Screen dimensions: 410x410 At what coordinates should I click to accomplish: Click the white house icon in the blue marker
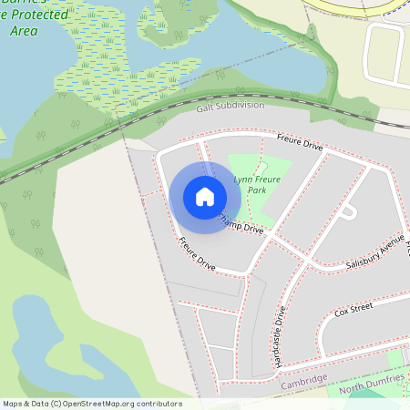[205, 197]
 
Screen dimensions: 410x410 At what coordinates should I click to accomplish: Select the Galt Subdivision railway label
[230, 106]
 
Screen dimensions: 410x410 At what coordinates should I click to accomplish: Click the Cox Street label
[354, 312]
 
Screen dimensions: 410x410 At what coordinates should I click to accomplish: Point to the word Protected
[36, 15]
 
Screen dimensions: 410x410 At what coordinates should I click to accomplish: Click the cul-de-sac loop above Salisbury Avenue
[347, 211]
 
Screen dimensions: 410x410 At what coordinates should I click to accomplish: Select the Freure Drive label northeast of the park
[300, 143]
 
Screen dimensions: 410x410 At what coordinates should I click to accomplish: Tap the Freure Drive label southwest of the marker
[197, 254]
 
